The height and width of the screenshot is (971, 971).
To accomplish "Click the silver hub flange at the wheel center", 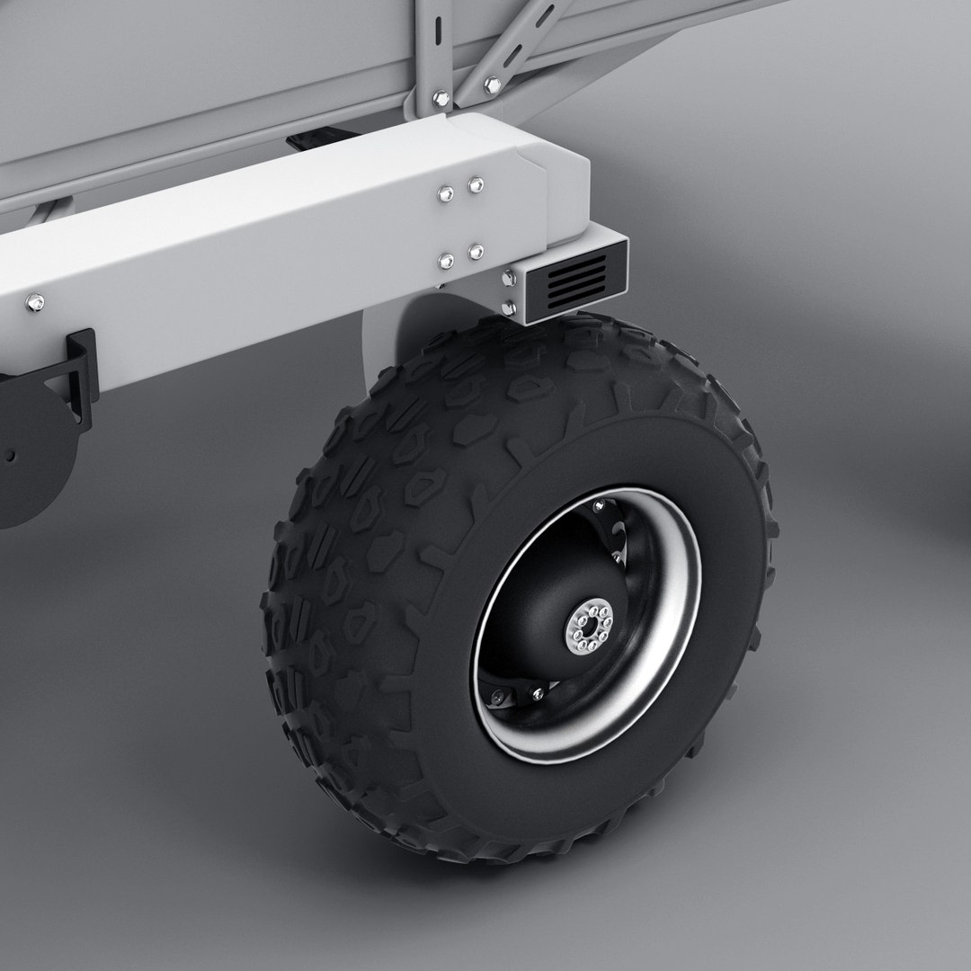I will pos(588,628).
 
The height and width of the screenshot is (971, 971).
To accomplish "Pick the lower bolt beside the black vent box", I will pos(510,308).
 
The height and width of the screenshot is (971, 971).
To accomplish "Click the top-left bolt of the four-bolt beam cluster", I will pos(445,192).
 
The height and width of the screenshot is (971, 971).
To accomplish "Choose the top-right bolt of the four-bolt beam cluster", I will pos(475,185).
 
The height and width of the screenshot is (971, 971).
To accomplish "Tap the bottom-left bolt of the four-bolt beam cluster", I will pos(446,261).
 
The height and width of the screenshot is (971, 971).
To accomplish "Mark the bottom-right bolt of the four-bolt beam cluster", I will pos(476,252).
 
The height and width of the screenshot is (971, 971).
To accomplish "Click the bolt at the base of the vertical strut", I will pos(441,97).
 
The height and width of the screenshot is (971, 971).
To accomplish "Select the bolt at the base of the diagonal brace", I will pos(491,85).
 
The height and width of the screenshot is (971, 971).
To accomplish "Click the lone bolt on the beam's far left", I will pos(34,302).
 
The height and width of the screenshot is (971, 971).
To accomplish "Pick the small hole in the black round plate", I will pos(12,456).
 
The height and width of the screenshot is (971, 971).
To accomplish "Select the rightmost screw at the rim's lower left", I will pos(538,692).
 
